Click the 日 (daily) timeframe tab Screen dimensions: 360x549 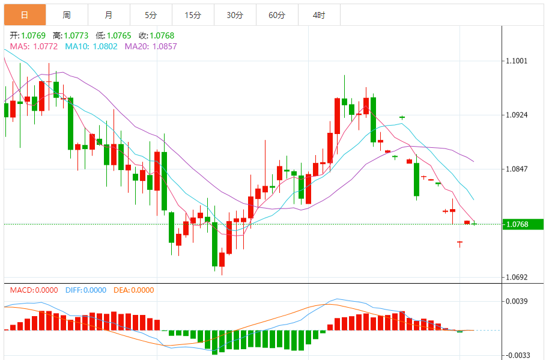[25, 15]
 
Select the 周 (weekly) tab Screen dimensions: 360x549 [67, 15]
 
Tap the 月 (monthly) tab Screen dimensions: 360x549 [108, 15]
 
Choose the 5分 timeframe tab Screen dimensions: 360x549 [151, 15]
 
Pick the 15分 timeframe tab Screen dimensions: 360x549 [193, 15]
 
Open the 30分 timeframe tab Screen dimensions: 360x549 [235, 15]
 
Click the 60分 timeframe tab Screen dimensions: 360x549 [277, 15]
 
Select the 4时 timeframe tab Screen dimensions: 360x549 [319, 15]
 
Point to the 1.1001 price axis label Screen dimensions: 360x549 [517, 61]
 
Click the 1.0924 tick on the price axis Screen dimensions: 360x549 [517, 115]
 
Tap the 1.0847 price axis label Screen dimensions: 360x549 [517, 169]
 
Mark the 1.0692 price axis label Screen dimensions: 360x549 [517, 277]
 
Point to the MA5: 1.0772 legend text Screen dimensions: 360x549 [34, 46]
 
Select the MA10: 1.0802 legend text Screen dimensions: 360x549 [91, 46]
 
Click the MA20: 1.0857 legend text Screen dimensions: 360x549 [151, 46]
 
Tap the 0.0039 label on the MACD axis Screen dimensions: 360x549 [517, 301]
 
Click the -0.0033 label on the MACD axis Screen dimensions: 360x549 [517, 355]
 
